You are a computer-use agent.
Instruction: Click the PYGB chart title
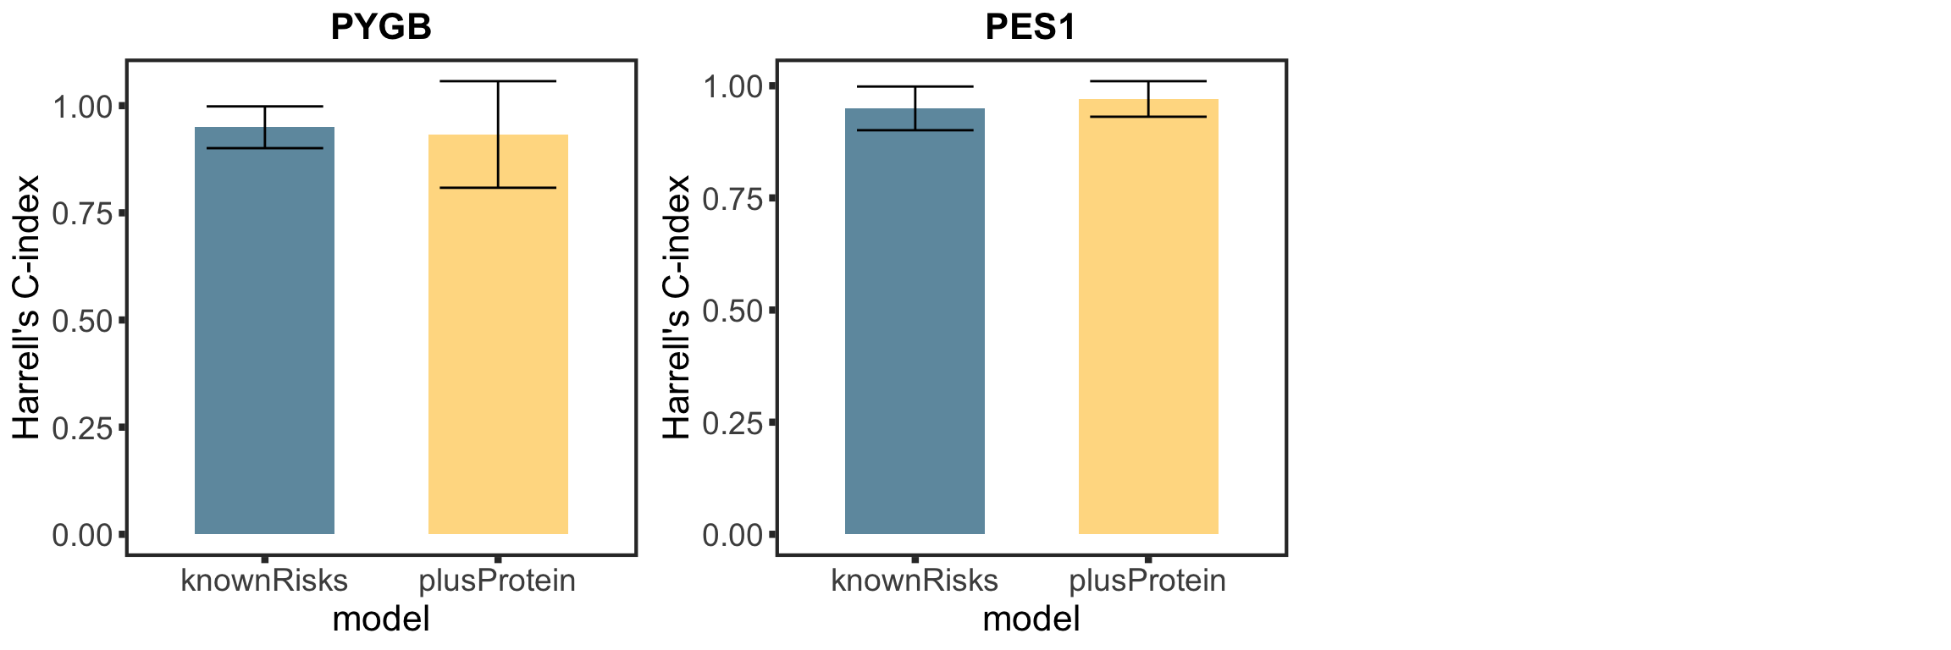tap(381, 27)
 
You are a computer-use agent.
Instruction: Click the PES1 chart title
tap(1031, 27)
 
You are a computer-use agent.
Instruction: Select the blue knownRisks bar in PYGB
tap(264, 339)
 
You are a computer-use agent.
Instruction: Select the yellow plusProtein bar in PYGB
tap(498, 339)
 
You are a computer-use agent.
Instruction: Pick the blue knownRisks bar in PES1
tap(915, 339)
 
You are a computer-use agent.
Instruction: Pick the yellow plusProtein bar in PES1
tap(1148, 339)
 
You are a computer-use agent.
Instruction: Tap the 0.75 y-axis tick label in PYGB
tap(82, 214)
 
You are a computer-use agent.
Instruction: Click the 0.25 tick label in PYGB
tap(82, 428)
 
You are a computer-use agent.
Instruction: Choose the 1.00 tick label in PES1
tap(732, 86)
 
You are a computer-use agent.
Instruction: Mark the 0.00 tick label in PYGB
tap(82, 535)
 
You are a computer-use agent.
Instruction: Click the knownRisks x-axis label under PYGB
tap(264, 581)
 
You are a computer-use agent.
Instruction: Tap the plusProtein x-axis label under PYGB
tap(498, 581)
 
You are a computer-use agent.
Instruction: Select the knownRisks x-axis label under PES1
tap(915, 581)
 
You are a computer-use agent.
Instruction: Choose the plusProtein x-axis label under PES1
tap(1148, 581)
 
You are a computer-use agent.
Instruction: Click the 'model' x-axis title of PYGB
tap(381, 620)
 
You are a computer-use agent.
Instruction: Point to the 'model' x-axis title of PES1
tap(1031, 620)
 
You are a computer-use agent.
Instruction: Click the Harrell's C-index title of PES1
tap(677, 306)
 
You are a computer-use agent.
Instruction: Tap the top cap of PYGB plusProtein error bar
tap(498, 81)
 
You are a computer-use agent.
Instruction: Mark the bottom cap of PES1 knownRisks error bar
tap(915, 130)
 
